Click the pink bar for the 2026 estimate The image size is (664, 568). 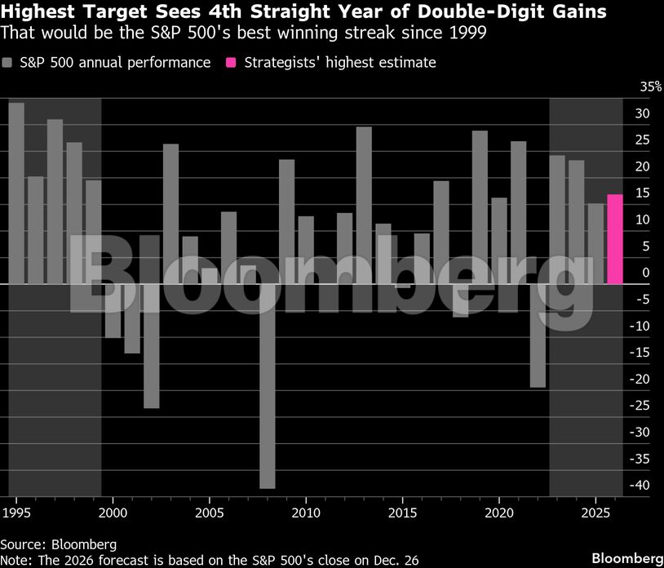615,239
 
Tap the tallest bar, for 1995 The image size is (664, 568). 16,193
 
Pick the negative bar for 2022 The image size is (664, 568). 538,335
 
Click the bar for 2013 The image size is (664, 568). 364,205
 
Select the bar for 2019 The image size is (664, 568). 480,207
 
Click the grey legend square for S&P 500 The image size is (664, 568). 7,63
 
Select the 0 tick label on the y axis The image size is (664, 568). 646,273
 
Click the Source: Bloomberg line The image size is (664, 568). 58,544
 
